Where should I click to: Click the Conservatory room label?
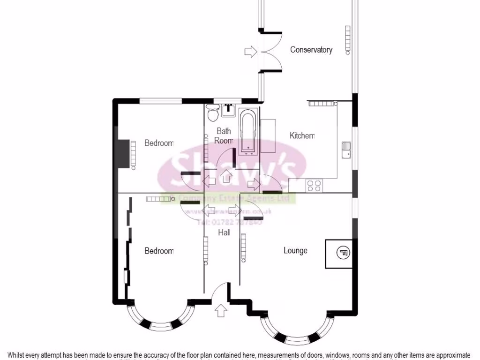pyautogui.click(x=311, y=50)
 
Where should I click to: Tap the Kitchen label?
pyautogui.click(x=302, y=136)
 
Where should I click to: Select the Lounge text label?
pyautogui.click(x=295, y=251)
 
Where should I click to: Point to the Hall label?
pyautogui.click(x=225, y=232)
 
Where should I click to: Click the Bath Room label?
pyautogui.click(x=224, y=136)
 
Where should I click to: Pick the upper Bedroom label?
pyautogui.click(x=159, y=143)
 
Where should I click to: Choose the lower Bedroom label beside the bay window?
pyautogui.click(x=159, y=251)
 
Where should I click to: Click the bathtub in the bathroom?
pyautogui.click(x=247, y=132)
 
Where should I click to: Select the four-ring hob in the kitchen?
pyautogui.click(x=314, y=186)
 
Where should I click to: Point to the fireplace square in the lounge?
pyautogui.click(x=339, y=254)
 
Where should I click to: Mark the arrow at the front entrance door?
pyautogui.click(x=220, y=310)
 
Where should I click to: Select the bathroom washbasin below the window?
pyautogui.click(x=229, y=109)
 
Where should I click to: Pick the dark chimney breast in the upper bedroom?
pyautogui.click(x=123, y=153)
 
